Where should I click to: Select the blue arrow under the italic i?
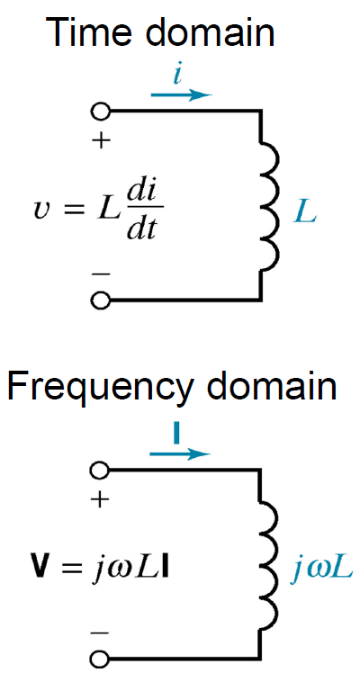pos(182,94)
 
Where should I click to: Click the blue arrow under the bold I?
pos(181,453)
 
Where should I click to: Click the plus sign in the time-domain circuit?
pos(101,140)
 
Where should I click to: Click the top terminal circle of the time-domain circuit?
pos(101,112)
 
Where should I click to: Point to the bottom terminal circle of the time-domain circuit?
pos(101,300)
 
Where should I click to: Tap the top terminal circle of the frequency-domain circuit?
pos(100,470)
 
